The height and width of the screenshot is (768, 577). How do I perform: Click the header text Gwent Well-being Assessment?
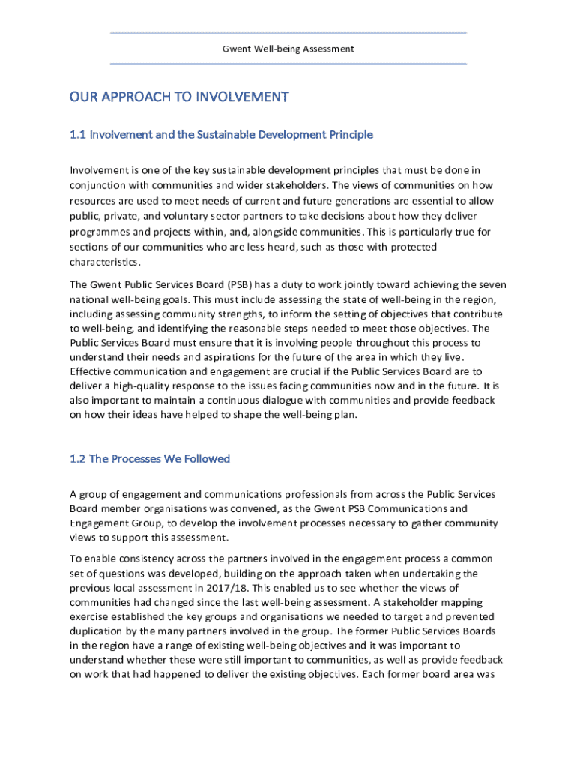[288, 49]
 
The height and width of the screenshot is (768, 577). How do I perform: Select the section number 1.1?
[78, 135]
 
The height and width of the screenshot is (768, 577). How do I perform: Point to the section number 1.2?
[78, 458]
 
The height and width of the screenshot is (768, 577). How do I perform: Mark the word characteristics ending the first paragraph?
[104, 262]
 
